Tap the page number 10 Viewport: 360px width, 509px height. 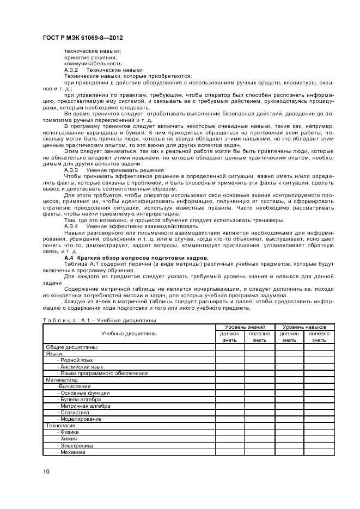tap(46, 471)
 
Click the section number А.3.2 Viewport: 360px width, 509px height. tap(71, 70)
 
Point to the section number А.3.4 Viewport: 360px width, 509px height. tap(71, 226)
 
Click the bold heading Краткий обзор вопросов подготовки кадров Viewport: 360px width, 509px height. tap(144, 257)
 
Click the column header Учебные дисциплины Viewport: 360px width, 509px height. tap(129, 333)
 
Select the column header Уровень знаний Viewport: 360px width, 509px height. tap(245, 327)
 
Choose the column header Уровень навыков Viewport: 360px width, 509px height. tap(304, 327)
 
